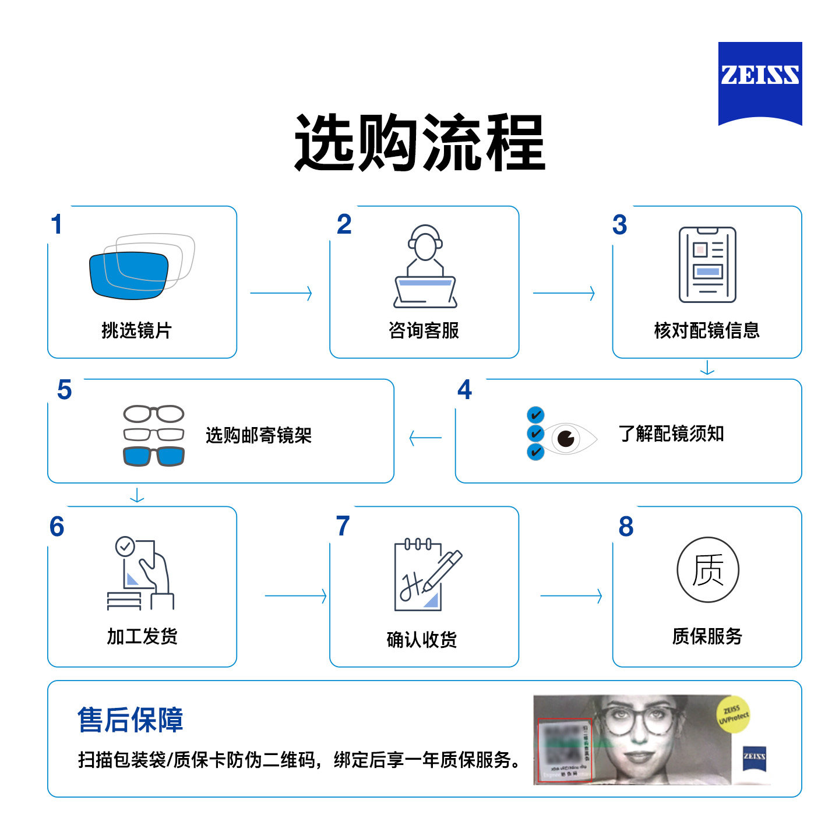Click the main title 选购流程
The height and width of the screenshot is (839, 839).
pos(419,143)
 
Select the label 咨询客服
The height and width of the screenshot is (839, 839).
pos(424,330)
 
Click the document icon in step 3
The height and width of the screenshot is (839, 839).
pos(707,265)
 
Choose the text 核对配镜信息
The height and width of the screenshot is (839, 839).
pos(707,330)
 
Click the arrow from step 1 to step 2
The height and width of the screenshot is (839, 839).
pos(281,293)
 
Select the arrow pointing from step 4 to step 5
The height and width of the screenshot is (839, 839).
pos(425,438)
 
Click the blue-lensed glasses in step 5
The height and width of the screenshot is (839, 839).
pos(154,456)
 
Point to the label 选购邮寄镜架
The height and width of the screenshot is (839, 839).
pos(259,435)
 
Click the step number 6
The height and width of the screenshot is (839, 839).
pos(57,527)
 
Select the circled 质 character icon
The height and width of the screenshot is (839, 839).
pos(707,570)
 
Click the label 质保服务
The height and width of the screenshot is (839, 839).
pos(707,636)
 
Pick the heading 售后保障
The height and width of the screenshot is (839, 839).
pos(131,720)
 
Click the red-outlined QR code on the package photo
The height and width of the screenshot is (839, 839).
pos(564,749)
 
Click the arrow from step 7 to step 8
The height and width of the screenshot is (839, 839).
pos(572,596)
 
